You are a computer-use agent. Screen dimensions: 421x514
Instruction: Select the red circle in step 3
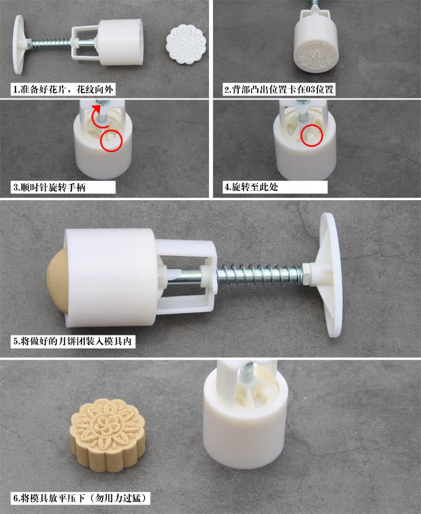(112, 141)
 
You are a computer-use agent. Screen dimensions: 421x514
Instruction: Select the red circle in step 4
(312, 135)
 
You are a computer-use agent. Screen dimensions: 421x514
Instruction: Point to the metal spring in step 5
(259, 271)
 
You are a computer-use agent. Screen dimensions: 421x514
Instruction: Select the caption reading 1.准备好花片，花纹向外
(64, 90)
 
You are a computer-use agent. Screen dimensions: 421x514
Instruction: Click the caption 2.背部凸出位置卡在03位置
(279, 90)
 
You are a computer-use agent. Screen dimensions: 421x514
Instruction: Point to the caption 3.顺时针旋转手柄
(49, 187)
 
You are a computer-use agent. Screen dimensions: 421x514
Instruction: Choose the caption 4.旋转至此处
(252, 187)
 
